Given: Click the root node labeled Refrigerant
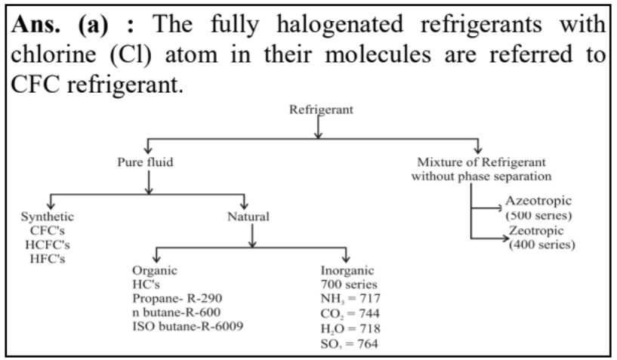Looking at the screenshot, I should pyautogui.click(x=320, y=110).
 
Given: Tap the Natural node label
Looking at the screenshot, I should pyautogui.click(x=248, y=217).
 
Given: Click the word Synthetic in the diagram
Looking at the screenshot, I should pyautogui.click(x=48, y=217).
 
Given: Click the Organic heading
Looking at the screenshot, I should pyautogui.click(x=153, y=269).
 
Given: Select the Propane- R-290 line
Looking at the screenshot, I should pyautogui.click(x=177, y=297).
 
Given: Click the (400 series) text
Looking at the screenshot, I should pyautogui.click(x=541, y=245).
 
